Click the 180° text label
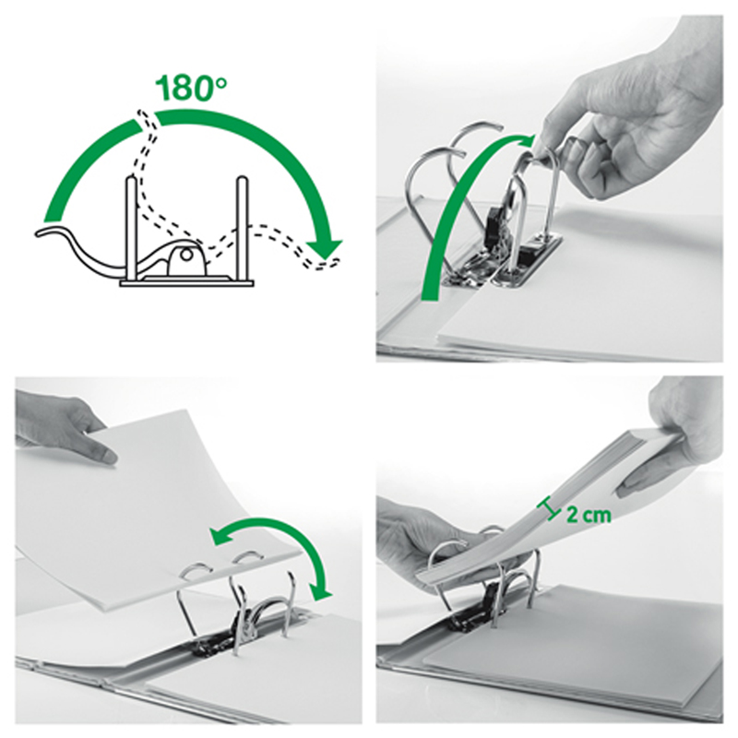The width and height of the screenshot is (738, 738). coord(191,88)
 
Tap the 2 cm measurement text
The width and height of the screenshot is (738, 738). coord(589,516)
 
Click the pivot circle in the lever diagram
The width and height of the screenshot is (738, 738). coord(186,256)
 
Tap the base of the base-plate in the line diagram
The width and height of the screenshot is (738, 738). coord(187,284)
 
